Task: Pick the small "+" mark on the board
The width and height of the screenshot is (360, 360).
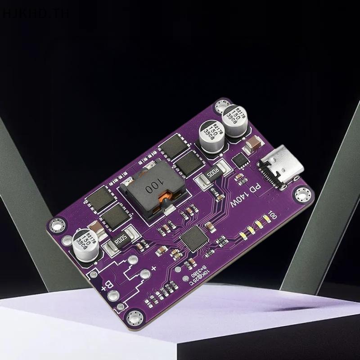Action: point(153,269)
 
